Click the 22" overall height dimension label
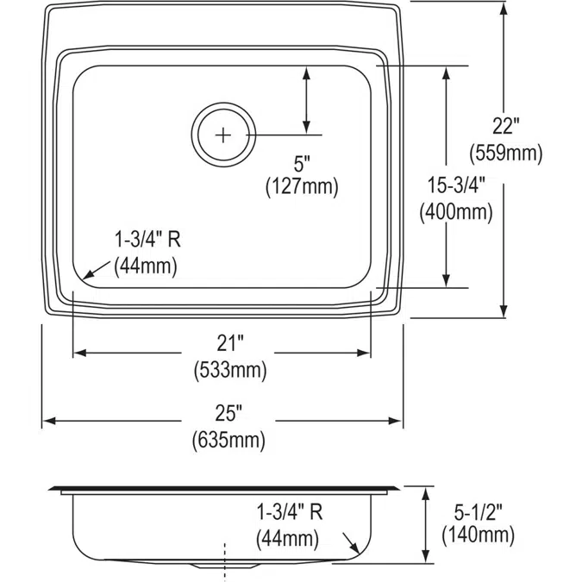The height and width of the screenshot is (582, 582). click(x=505, y=127)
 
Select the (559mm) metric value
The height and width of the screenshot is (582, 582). click(x=505, y=153)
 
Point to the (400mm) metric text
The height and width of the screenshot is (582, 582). click(x=455, y=210)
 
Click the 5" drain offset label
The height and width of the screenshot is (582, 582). click(x=301, y=161)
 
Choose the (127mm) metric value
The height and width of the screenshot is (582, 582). click(x=302, y=185)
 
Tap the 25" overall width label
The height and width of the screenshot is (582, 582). click(x=228, y=414)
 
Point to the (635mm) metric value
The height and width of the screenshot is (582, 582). click(x=228, y=440)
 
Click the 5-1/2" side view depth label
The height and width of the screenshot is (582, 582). click(x=478, y=510)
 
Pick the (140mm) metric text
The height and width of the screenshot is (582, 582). click(x=478, y=535)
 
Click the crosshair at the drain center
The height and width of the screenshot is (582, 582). click(x=223, y=135)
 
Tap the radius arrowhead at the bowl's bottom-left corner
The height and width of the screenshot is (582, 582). click(x=87, y=275)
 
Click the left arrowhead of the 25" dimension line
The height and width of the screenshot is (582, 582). click(x=48, y=421)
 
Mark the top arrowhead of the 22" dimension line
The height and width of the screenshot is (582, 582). click(x=504, y=8)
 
